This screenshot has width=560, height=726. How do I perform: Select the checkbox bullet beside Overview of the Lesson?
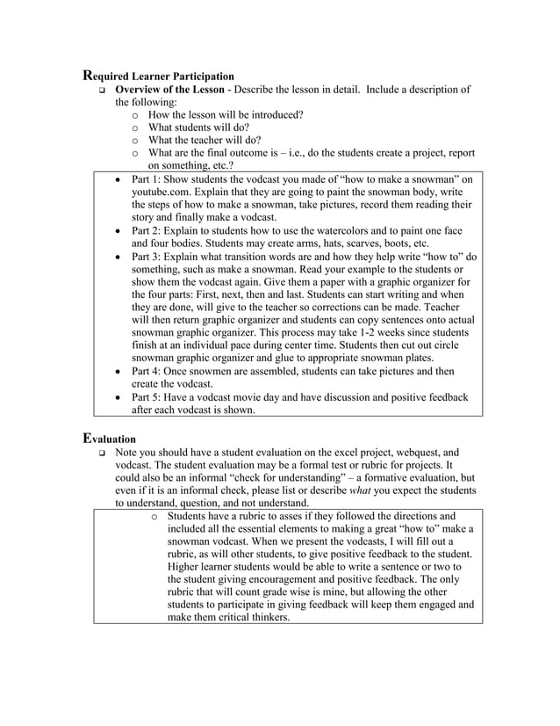(x=102, y=91)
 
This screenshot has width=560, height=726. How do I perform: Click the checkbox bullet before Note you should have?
(x=102, y=452)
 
